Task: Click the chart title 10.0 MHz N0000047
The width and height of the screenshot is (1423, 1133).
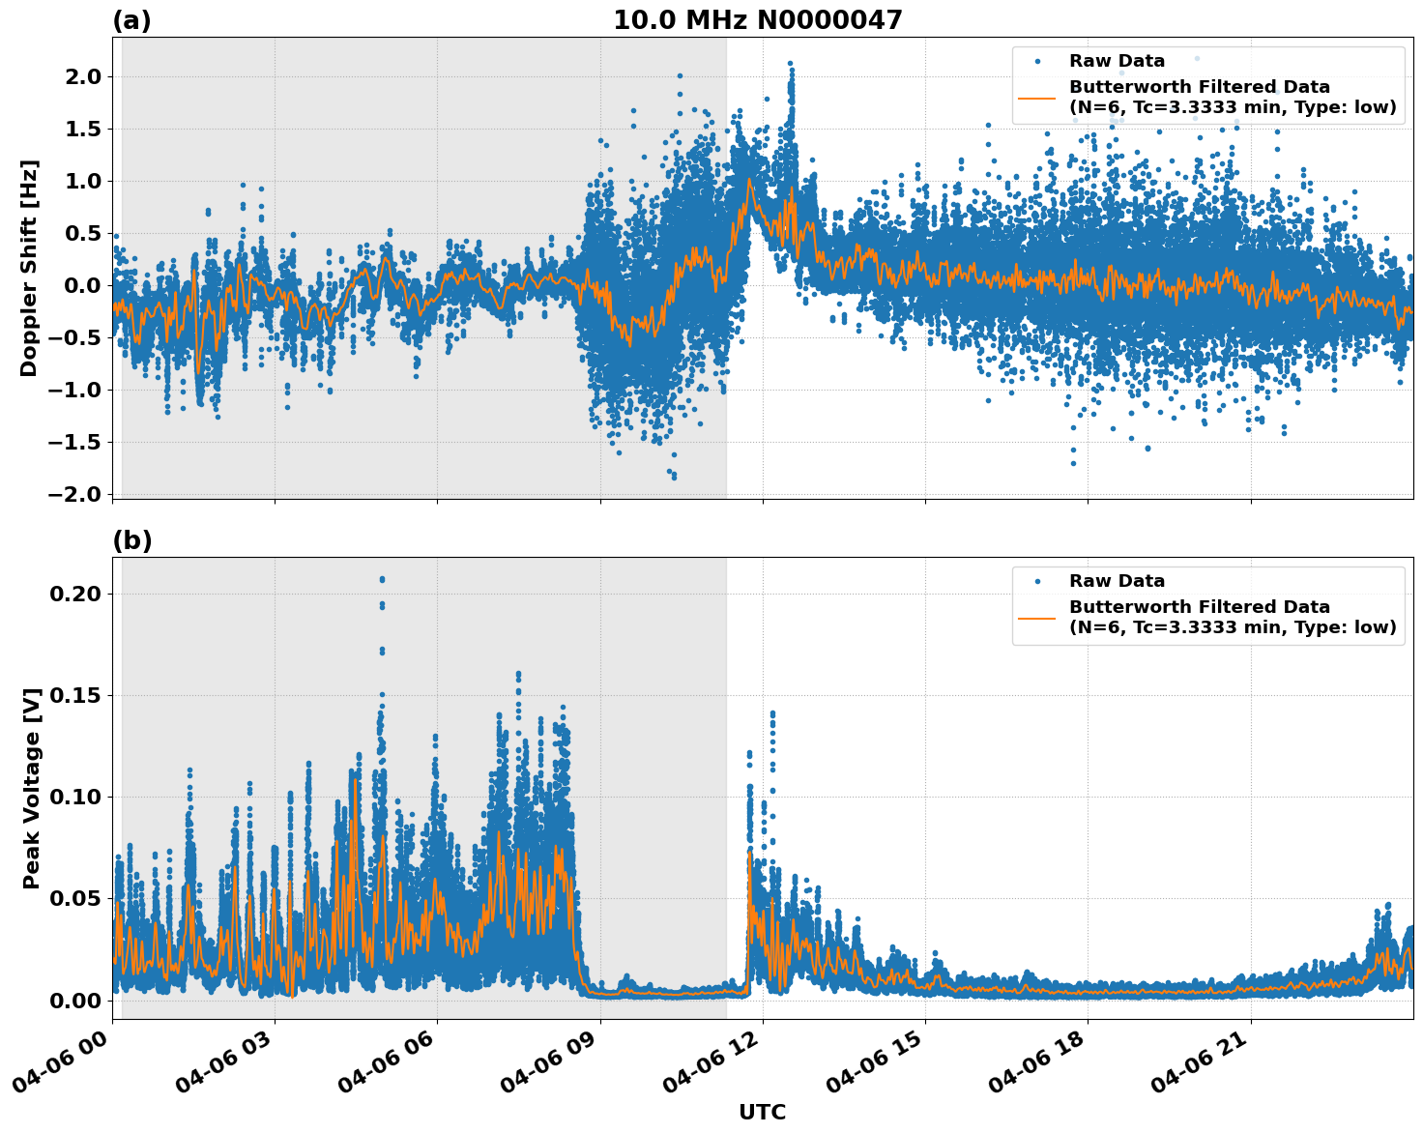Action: (757, 20)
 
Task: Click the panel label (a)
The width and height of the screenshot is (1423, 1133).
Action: (131, 20)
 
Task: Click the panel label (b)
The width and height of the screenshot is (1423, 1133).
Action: (131, 540)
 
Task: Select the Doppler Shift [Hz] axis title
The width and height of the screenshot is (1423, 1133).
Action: (29, 268)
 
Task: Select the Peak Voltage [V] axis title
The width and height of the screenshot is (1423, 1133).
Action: (32, 788)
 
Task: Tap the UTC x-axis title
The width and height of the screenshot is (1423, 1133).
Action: (762, 1112)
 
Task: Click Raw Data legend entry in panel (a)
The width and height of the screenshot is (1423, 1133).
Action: (1117, 61)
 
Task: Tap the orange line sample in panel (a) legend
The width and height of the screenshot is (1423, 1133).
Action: (1036, 98)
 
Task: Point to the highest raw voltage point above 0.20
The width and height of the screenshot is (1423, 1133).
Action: (382, 579)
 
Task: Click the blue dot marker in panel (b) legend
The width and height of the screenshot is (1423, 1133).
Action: (1036, 581)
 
